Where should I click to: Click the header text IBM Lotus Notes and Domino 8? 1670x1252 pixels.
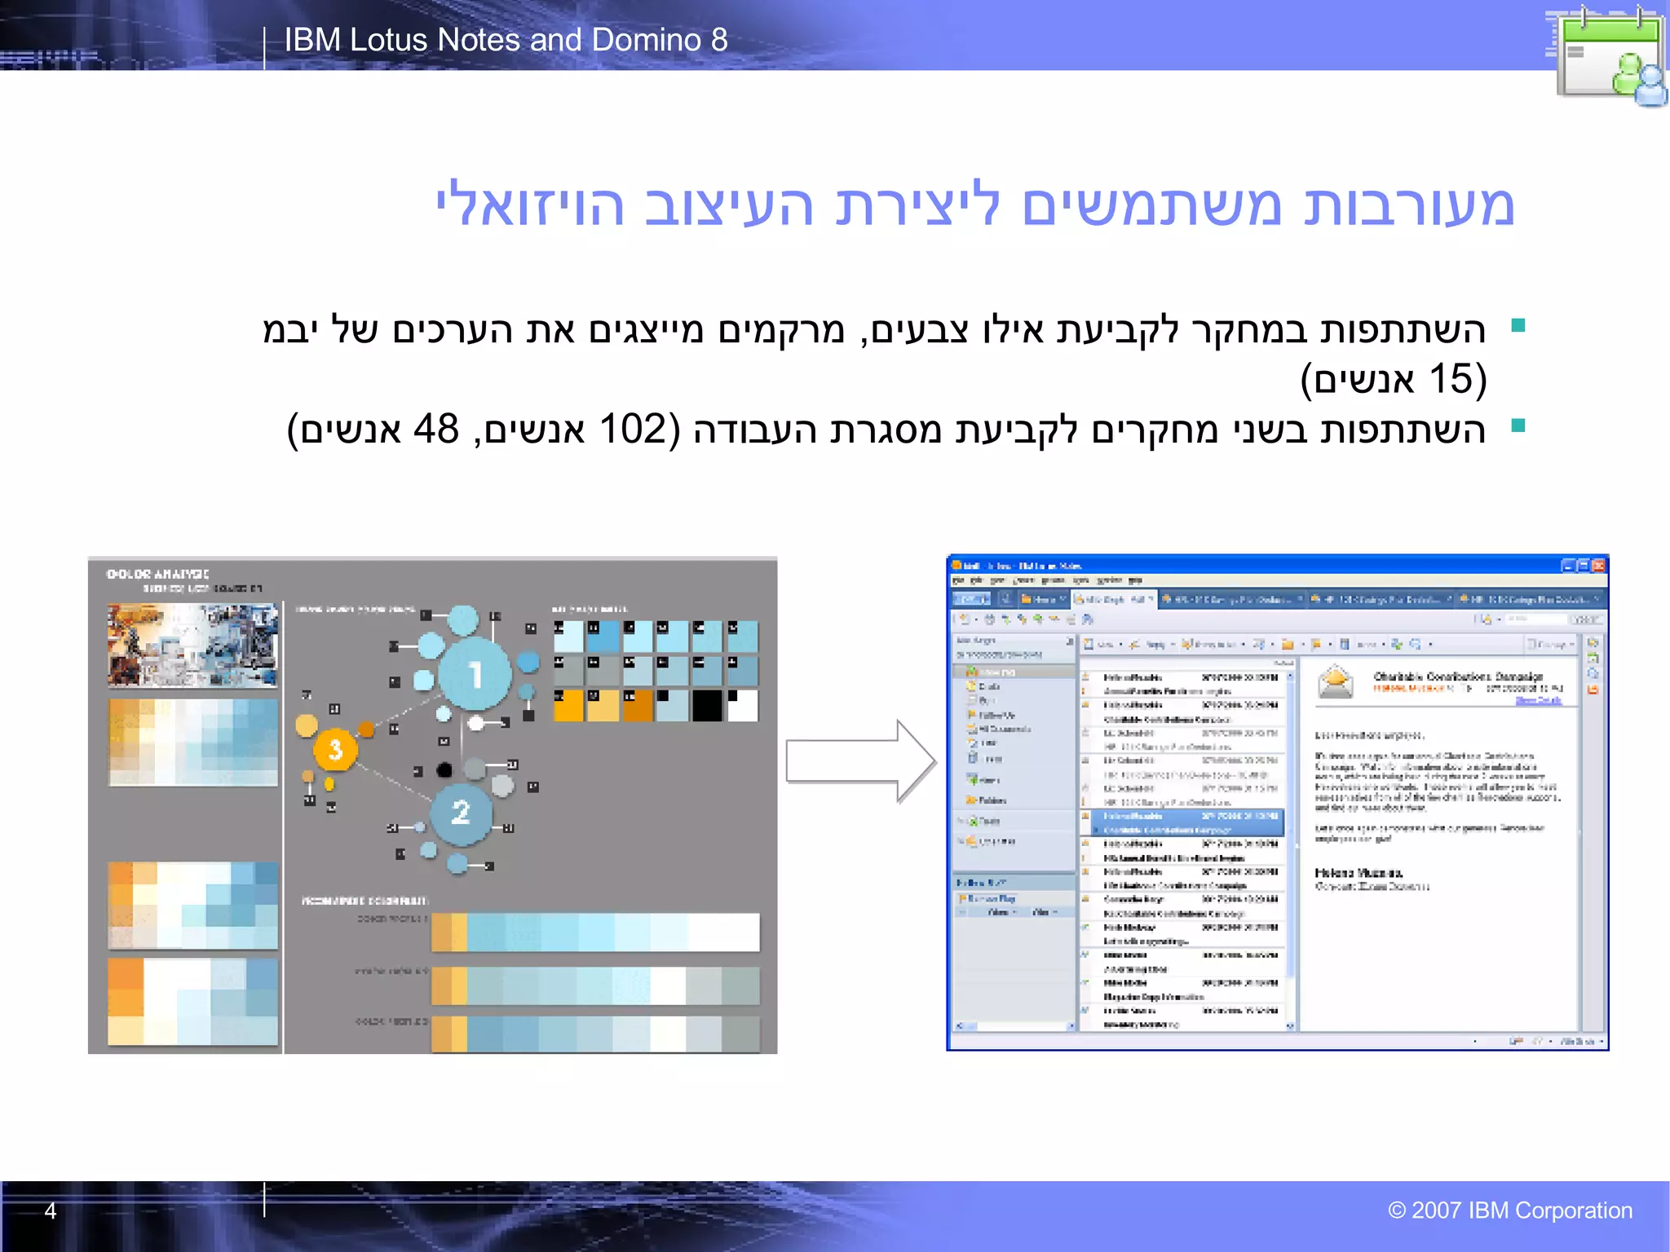(x=506, y=40)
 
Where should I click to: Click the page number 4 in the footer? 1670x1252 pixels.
(x=51, y=1210)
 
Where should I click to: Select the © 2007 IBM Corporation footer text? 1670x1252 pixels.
(x=1510, y=1210)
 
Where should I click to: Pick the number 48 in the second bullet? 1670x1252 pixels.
(x=436, y=430)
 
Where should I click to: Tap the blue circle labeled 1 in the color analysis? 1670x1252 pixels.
(x=475, y=675)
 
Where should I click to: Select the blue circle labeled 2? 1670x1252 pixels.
(x=461, y=812)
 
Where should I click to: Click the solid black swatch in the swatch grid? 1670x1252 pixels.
(x=707, y=706)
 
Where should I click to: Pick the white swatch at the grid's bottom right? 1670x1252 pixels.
(x=742, y=706)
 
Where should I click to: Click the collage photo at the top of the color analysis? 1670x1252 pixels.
(x=192, y=645)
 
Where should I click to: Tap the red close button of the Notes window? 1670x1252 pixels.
(x=1598, y=566)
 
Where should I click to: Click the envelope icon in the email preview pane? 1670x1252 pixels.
(x=1336, y=682)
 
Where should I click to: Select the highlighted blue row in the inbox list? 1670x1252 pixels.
(x=1182, y=822)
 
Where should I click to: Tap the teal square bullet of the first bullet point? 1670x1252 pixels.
(x=1518, y=326)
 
